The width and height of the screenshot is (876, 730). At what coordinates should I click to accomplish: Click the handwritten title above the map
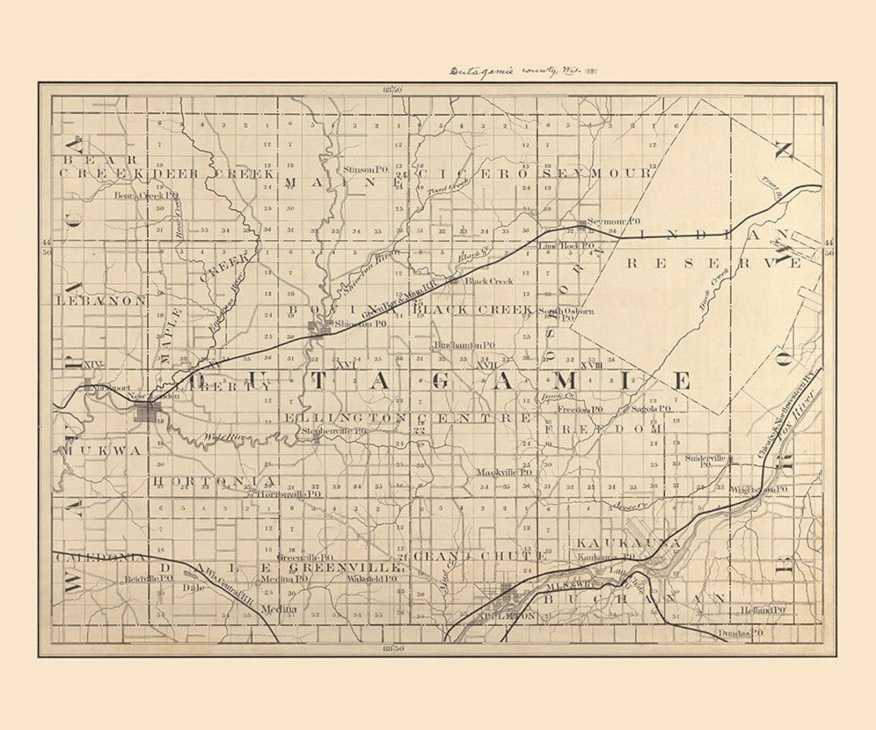pyautogui.click(x=523, y=71)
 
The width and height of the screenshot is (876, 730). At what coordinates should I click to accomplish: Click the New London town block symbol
pyautogui.click(x=148, y=413)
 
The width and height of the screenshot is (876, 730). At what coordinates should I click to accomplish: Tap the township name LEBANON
pyautogui.click(x=101, y=300)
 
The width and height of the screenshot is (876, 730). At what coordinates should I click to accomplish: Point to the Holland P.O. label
pyautogui.click(x=762, y=609)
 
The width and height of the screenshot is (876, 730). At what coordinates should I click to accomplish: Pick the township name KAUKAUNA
pyautogui.click(x=628, y=542)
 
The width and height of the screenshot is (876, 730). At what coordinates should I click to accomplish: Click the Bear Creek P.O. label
pyautogui.click(x=146, y=195)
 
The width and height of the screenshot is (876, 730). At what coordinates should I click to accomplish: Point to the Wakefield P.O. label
pyautogui.click(x=371, y=579)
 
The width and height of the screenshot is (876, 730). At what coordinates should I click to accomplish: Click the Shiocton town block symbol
pyautogui.click(x=324, y=328)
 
